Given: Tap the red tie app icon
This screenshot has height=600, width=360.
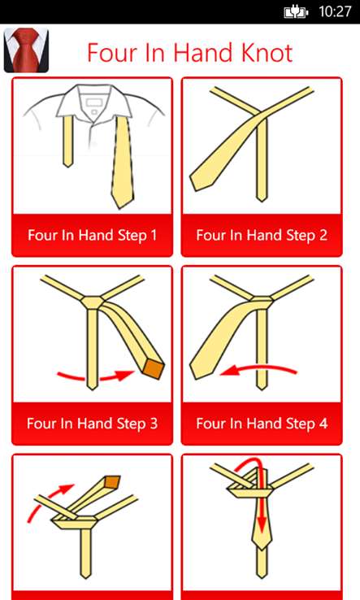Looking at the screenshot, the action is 26,50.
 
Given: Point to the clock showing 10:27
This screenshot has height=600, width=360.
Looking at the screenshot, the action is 335,11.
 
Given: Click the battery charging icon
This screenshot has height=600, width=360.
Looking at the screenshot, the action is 296,12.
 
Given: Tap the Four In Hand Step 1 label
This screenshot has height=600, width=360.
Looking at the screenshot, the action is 92,235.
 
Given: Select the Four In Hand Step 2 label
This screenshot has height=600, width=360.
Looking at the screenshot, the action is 262,235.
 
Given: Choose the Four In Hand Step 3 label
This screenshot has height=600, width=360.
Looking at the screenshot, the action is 92,424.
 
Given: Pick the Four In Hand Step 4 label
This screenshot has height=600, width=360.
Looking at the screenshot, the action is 262,424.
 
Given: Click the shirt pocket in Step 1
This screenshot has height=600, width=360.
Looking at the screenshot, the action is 92,103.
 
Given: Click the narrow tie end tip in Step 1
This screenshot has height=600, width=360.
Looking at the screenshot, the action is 67,166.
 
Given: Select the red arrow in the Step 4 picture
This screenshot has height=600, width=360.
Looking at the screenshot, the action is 258,368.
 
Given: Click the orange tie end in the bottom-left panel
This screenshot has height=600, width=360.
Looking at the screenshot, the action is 112,482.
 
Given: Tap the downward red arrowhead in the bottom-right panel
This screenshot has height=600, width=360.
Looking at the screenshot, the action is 262,525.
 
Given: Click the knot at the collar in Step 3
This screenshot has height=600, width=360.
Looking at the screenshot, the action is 92,302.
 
